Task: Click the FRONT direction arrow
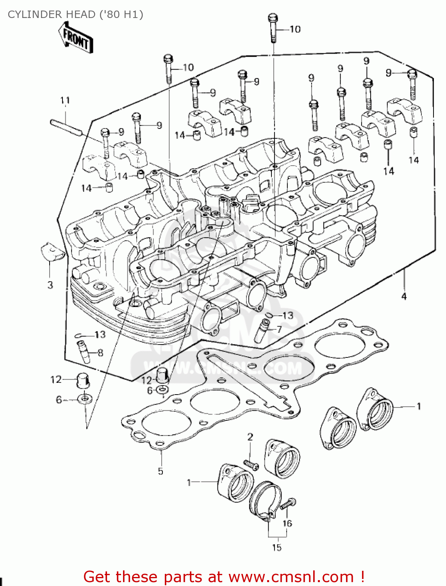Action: [x=77, y=38]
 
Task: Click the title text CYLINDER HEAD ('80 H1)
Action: [x=75, y=14]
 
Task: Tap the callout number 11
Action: [x=65, y=100]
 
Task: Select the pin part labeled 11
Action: [x=66, y=128]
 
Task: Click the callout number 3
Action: [x=50, y=285]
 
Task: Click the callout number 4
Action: [x=404, y=296]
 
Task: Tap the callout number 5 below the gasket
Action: [x=161, y=471]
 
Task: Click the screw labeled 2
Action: [x=251, y=464]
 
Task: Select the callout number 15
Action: [x=277, y=548]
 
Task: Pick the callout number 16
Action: [x=287, y=523]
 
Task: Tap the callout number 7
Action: [x=279, y=329]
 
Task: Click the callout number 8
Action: [x=100, y=353]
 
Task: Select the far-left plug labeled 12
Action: [x=83, y=380]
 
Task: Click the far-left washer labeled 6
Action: [x=84, y=399]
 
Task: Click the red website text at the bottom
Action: [x=224, y=577]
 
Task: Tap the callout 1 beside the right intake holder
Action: [x=419, y=406]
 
